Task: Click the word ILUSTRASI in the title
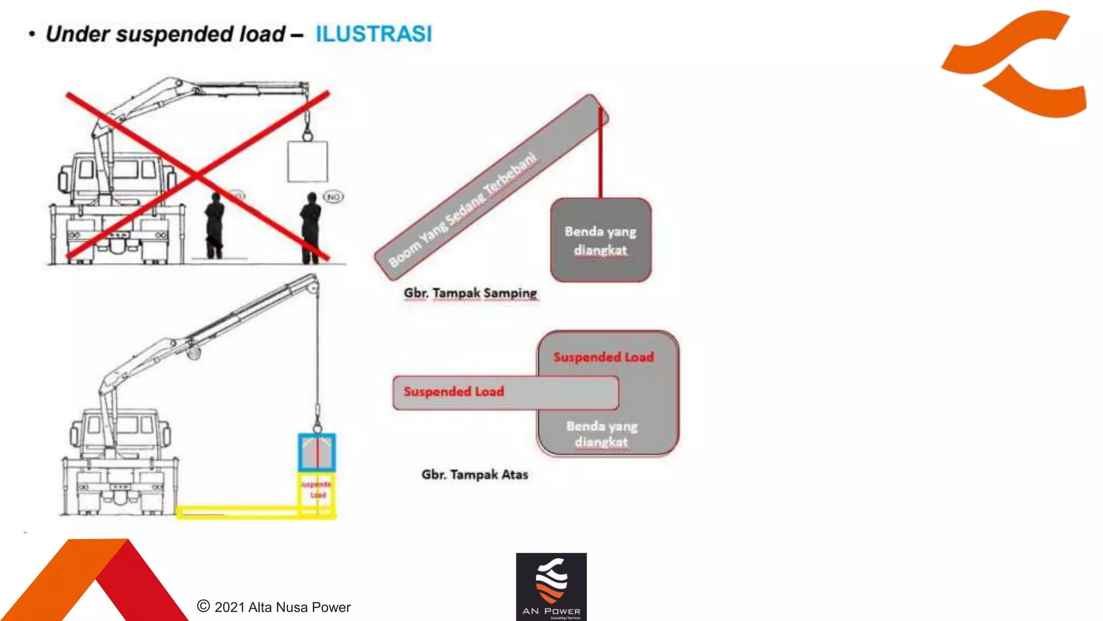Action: (373, 33)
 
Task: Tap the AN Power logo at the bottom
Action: (551, 586)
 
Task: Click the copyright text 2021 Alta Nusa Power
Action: (275, 607)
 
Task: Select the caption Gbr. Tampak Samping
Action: (470, 293)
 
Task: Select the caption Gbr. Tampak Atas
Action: (474, 474)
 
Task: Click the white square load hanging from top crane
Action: (308, 162)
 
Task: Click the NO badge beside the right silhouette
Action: (333, 197)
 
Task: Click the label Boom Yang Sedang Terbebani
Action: (463, 210)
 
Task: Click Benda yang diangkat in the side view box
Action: (601, 240)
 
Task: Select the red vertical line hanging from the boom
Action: (601, 156)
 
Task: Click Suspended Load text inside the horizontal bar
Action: (453, 391)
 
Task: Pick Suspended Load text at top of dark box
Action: (603, 357)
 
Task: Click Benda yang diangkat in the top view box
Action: (602, 433)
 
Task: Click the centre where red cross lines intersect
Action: (198, 175)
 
